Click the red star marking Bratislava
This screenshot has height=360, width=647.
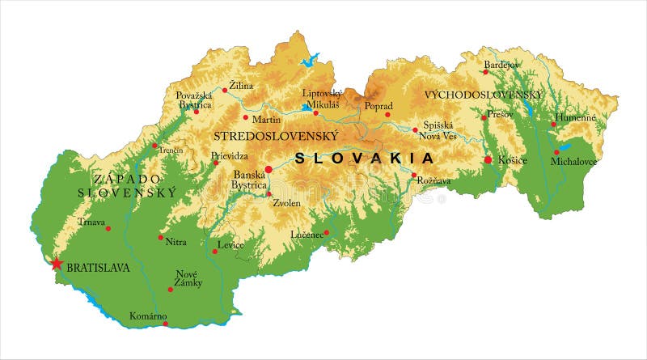click(x=57, y=264)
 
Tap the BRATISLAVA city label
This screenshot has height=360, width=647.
click(x=98, y=267)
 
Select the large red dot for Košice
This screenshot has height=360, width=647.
click(x=488, y=160)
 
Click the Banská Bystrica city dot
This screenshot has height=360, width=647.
click(x=269, y=169)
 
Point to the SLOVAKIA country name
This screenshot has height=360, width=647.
click(x=363, y=158)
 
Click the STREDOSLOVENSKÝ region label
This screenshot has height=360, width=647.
click(x=275, y=135)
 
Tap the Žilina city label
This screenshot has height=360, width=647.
click(x=241, y=85)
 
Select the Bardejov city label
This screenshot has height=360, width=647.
click(x=502, y=64)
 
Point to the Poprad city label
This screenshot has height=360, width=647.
click(x=378, y=106)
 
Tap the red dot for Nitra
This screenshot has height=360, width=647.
click(x=160, y=237)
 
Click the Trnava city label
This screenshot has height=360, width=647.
click(x=91, y=222)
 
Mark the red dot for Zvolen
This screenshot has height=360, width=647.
click(x=269, y=193)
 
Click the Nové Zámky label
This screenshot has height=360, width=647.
click(x=187, y=280)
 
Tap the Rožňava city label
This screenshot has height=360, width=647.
click(x=433, y=181)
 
